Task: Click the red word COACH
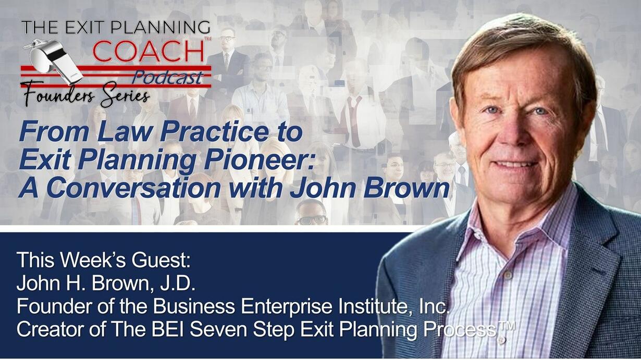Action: [x=148, y=51]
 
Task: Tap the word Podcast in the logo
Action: [x=168, y=78]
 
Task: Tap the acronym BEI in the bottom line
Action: [x=168, y=329]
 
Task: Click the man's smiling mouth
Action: [x=514, y=165]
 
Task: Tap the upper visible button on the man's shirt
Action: [x=508, y=275]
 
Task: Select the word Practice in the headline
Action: [x=215, y=132]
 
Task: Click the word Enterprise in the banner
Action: [x=287, y=307]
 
